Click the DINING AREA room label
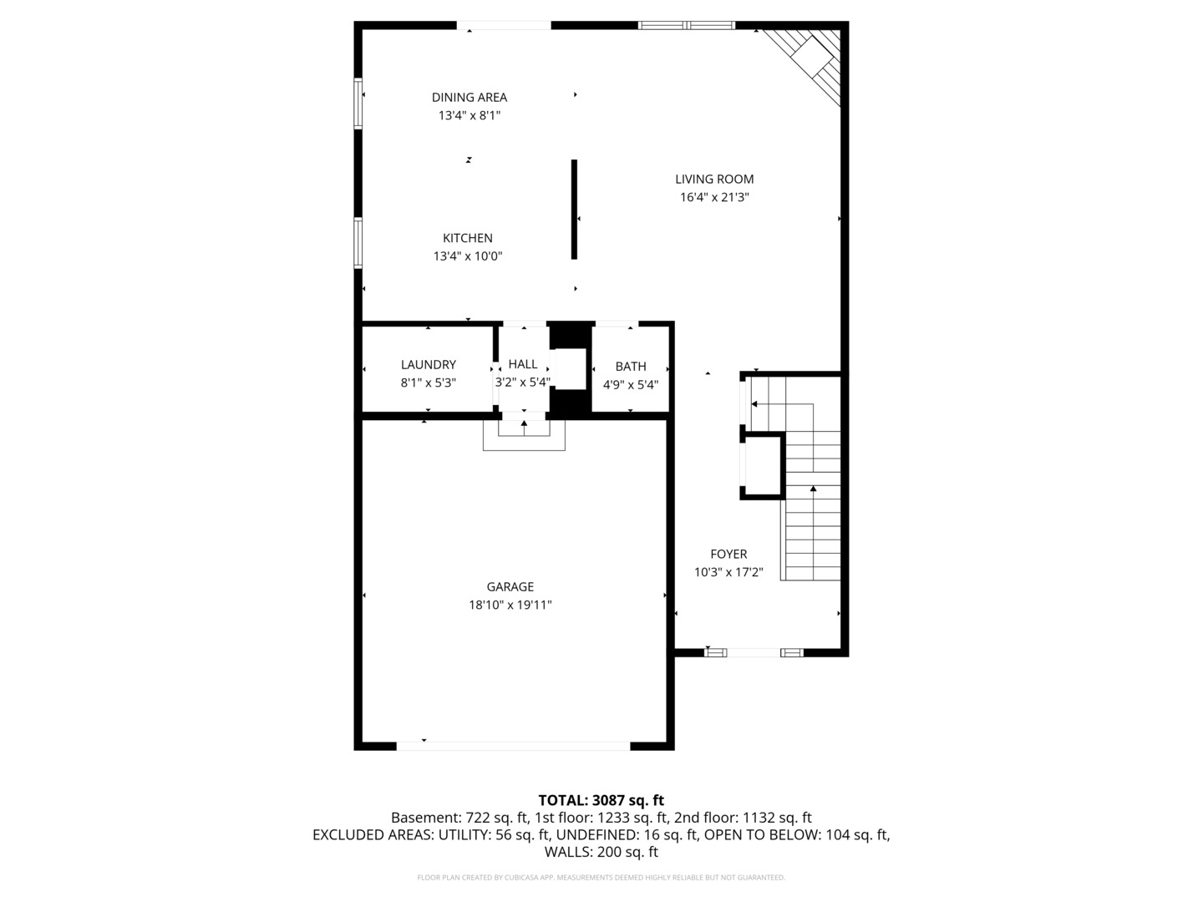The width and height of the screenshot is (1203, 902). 469,98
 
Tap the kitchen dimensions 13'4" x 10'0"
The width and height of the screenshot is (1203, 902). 467,256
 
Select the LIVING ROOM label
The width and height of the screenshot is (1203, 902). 714,179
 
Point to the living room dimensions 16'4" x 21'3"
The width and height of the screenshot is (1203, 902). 714,198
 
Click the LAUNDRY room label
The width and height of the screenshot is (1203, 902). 428,365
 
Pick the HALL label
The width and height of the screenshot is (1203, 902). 523,364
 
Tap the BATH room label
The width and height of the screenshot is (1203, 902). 631,367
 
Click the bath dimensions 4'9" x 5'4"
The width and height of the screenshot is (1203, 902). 631,385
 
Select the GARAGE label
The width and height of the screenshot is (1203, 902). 510,587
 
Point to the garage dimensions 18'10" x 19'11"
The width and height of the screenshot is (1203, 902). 510,606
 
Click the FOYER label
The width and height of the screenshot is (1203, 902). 728,554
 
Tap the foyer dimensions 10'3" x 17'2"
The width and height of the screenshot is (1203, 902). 728,573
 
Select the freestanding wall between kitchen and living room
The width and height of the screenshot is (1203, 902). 574,209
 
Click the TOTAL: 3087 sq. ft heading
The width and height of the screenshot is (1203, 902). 601,800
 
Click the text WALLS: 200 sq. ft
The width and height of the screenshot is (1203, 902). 601,853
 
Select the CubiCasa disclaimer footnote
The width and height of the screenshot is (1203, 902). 601,878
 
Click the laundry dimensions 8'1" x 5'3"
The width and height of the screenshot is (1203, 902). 428,383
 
